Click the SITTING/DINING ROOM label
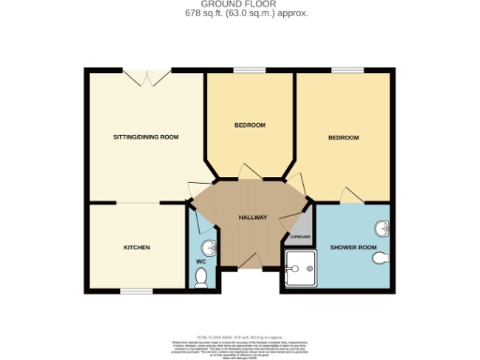(145, 137)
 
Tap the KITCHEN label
(137, 247)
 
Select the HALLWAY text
(252, 217)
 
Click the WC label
(201, 262)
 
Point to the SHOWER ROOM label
(352, 247)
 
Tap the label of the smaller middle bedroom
(249, 126)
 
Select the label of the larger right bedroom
(343, 138)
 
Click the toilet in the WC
(199, 277)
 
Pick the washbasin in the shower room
(382, 228)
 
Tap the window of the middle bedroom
(248, 70)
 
